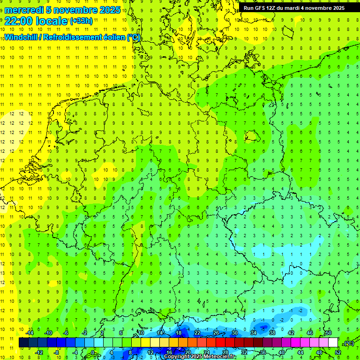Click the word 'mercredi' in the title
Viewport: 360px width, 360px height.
pos(24,10)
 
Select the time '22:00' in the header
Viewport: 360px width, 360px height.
pos(19,21)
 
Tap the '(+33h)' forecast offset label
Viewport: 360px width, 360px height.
pos(81,21)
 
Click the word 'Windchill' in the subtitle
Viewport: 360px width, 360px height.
pos(21,37)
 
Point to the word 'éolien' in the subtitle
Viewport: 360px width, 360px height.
pos(113,37)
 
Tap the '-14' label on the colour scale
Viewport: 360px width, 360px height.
pos(30,333)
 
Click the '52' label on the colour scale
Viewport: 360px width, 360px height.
pos(337,352)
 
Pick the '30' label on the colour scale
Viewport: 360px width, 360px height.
pos(234,333)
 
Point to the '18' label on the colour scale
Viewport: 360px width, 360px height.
pos(179,333)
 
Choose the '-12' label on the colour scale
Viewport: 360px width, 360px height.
pos(39,352)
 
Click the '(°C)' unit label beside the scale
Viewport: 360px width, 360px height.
pos(349,343)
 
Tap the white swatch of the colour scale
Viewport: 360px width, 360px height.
pos(333,343)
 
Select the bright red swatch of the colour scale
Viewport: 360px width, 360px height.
pos(221,343)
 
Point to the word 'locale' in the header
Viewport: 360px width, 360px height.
pos(52,21)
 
